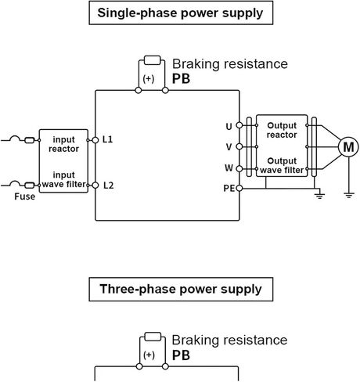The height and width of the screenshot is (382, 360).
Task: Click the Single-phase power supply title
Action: coord(180,13)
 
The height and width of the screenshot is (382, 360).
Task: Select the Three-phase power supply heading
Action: coord(181,290)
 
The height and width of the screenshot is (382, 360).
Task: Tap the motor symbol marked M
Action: coord(348,147)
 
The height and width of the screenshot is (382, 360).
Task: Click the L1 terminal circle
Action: coord(95,140)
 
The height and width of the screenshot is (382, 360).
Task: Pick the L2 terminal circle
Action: coord(95,186)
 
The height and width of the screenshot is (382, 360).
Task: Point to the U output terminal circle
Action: coord(239,125)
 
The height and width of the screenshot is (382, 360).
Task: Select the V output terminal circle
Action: coord(239,147)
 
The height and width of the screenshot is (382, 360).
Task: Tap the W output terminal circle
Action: coord(239,169)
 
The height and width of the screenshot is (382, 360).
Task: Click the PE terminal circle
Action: coord(239,188)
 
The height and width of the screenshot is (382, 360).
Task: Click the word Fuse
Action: coord(25,196)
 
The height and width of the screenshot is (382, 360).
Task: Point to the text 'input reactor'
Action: coord(63,144)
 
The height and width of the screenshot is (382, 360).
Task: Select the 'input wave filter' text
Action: coord(63,179)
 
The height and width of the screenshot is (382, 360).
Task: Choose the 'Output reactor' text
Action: coord(282,130)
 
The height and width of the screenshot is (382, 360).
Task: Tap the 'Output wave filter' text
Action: coord(282,165)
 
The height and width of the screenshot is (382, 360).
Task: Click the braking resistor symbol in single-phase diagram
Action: coord(152,60)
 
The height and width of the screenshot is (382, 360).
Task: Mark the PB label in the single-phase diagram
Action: coord(181,79)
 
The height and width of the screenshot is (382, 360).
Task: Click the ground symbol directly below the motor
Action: coord(349,195)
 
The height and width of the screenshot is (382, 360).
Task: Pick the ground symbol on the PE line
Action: coord(319,196)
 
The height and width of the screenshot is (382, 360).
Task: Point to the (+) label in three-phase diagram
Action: coord(149,355)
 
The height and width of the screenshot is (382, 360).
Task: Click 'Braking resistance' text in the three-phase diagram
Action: coord(229,341)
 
